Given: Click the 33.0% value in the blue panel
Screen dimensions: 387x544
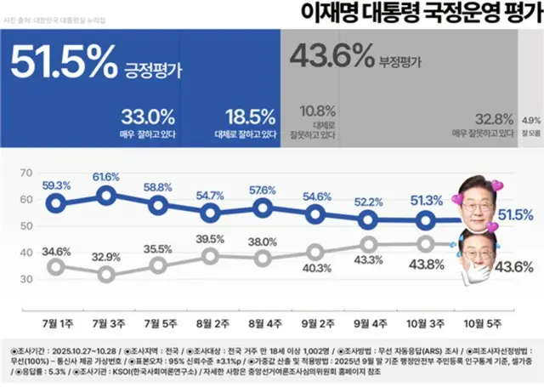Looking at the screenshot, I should point(149,115).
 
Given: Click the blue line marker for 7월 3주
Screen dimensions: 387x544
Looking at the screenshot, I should point(107,196).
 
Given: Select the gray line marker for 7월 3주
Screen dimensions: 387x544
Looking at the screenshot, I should point(107,274).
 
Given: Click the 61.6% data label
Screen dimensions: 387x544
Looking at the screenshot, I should point(107,176).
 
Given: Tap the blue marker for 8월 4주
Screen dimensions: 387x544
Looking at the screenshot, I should point(263,207).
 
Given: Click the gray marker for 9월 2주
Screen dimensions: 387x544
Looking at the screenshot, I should point(315,252).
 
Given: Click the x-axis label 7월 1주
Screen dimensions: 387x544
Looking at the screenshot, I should point(55,324).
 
